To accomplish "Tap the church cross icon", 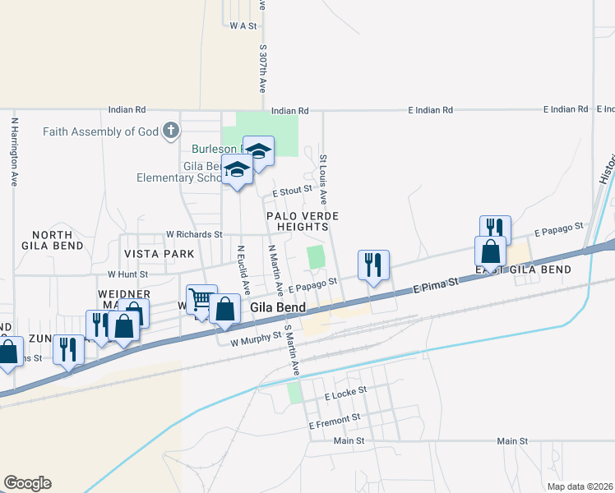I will (x=170, y=131).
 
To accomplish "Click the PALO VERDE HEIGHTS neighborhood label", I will (x=303, y=220).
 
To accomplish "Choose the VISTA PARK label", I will (x=159, y=254).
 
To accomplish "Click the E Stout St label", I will (x=293, y=190).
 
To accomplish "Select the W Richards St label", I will (x=194, y=234).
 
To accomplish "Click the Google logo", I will (x=27, y=483).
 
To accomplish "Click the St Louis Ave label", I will (x=324, y=179).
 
